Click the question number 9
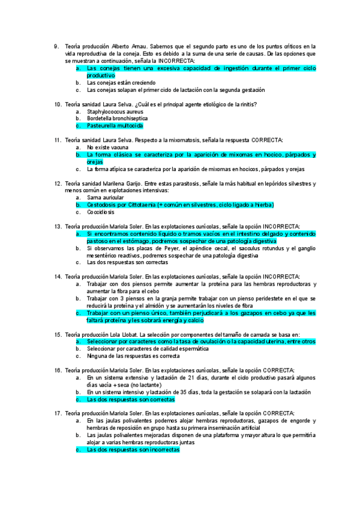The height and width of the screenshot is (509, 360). [x=56, y=46]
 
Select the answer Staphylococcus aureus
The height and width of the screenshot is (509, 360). [x=115, y=112]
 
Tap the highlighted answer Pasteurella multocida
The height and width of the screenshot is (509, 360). [x=115, y=126]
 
